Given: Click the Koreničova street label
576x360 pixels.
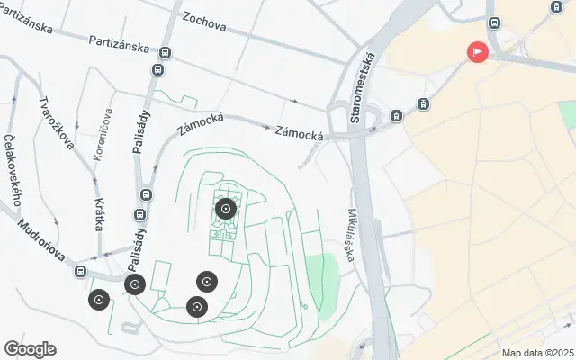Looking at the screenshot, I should [104, 134].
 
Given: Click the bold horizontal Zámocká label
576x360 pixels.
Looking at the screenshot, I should [300, 133].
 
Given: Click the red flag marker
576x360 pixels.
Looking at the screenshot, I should [477, 52].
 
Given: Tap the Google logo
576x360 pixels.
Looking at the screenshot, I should [30, 349].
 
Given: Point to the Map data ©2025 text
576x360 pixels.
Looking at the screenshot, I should [537, 353].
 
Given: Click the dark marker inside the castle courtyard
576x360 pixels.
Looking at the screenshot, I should [226, 210].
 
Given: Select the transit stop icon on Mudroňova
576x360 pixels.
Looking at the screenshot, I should [80, 271].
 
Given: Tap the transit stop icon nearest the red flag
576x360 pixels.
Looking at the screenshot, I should [493, 22].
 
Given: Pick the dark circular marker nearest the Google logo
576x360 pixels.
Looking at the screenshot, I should [99, 300].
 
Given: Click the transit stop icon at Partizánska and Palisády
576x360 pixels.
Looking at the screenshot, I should [158, 70].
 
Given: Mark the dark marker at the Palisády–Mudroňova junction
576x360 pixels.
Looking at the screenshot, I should [135, 285].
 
